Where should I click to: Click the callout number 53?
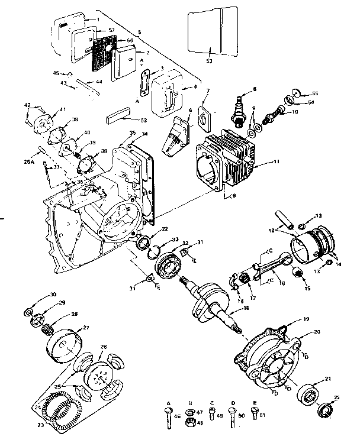tap(208, 60)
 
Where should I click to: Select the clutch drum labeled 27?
tap(66, 343)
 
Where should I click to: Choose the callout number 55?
tap(315, 94)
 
